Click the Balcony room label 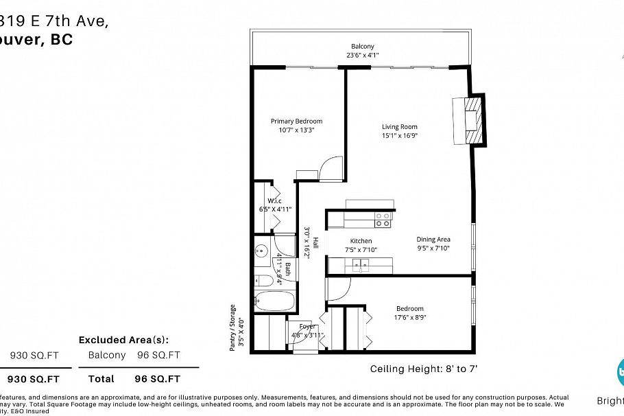[363, 46]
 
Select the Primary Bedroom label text [296, 122]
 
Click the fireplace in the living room [472, 120]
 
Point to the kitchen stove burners [383, 220]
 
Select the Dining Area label [433, 240]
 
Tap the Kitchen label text [361, 241]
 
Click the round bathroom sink [261, 251]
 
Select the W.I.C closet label [265, 200]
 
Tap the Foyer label [307, 326]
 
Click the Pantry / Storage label [232, 327]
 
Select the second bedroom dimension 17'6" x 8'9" [409, 317]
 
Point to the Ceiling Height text [423, 369]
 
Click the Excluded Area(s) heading [123, 340]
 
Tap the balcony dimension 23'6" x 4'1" [363, 55]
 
